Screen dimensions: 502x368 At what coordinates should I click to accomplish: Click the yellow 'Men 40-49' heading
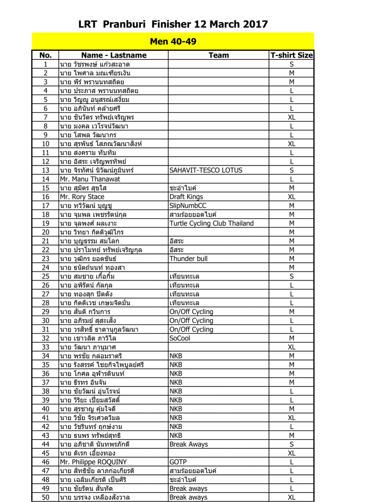173,42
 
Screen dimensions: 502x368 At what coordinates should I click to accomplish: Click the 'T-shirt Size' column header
291,55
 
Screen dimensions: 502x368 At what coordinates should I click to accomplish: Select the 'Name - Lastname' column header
113,55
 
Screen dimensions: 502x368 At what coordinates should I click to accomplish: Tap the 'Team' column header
218,55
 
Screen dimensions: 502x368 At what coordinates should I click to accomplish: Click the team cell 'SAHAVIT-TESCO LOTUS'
206,170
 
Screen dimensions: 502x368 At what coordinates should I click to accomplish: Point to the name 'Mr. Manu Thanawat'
90,179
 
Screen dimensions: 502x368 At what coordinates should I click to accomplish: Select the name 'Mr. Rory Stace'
82,197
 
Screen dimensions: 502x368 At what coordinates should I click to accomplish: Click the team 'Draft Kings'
186,197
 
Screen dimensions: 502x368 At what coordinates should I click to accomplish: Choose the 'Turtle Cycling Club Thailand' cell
212,224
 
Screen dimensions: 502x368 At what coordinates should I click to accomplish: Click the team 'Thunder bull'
188,259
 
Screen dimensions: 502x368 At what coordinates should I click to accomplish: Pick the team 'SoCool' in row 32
180,338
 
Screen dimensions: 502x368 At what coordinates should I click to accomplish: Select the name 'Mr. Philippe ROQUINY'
93,462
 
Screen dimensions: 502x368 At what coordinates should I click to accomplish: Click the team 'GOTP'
178,462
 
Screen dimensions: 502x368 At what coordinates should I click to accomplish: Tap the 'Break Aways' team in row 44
188,444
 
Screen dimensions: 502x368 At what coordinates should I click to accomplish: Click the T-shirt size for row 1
291,64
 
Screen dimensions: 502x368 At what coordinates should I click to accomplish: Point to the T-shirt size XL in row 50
291,498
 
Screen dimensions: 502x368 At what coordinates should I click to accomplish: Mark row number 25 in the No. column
45,276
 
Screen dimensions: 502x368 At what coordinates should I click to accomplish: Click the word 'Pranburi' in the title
124,24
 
